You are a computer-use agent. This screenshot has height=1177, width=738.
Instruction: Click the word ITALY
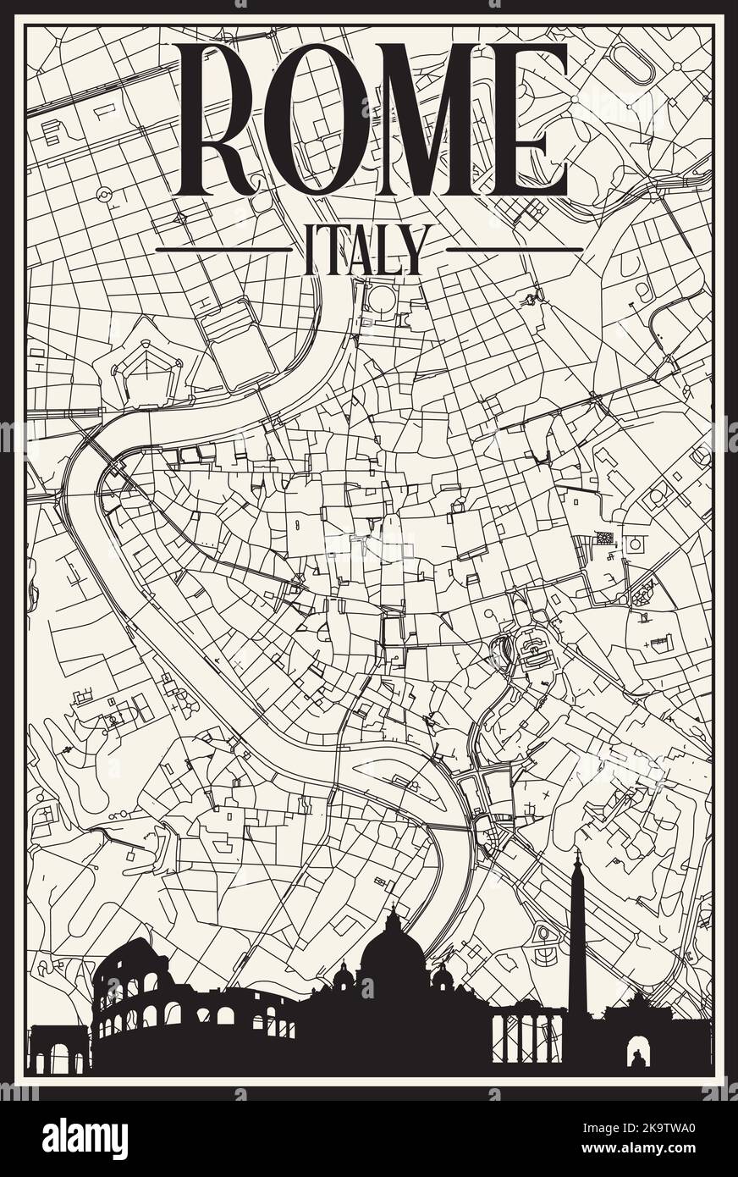coord(364,250)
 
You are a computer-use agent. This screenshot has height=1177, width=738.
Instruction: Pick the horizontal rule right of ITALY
coord(514,250)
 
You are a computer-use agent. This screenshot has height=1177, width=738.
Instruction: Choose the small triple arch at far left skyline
coord(57,1050)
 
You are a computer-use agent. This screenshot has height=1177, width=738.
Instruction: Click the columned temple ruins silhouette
coord(527,1037)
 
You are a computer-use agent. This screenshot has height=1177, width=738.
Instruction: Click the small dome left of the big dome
coord(344,978)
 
